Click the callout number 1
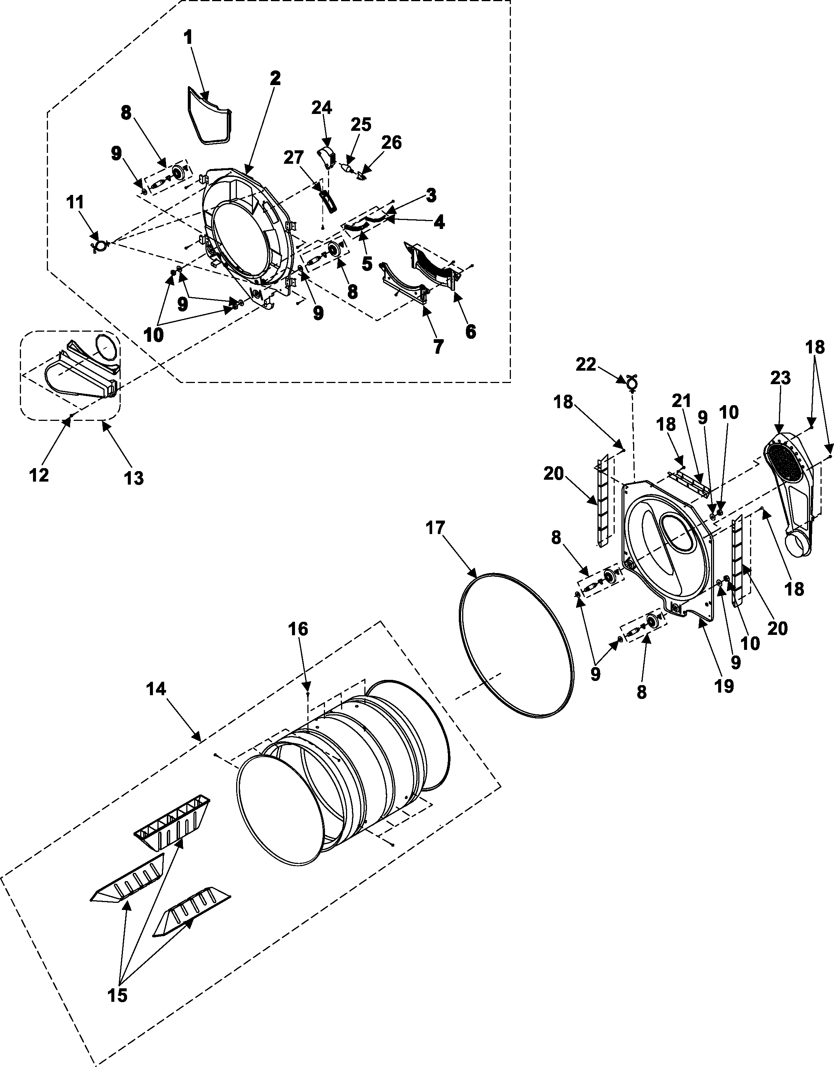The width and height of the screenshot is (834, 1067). pyautogui.click(x=188, y=37)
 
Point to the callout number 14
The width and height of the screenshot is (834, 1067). pyautogui.click(x=156, y=689)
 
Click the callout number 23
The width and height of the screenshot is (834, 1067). pyautogui.click(x=780, y=378)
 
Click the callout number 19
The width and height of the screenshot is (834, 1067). pyautogui.click(x=724, y=685)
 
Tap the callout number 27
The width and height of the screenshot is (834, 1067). pyautogui.click(x=293, y=158)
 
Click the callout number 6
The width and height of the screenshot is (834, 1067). pyautogui.click(x=470, y=332)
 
